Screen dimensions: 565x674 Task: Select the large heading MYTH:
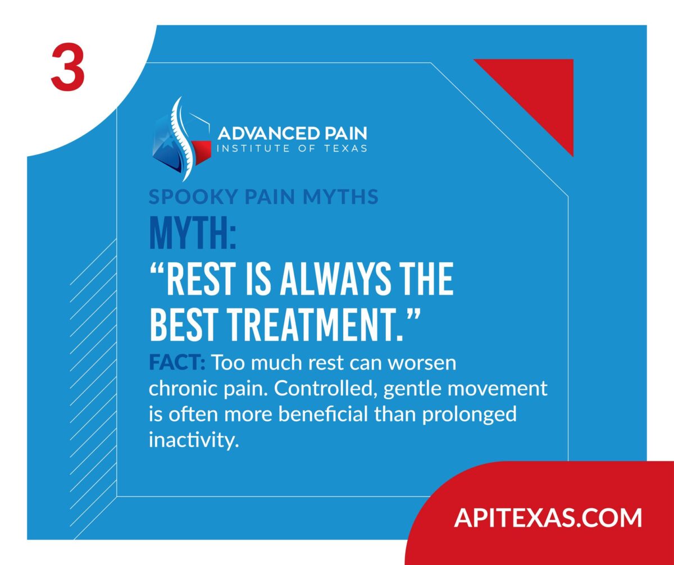[193, 233]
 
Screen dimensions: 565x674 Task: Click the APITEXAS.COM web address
[548, 517]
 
